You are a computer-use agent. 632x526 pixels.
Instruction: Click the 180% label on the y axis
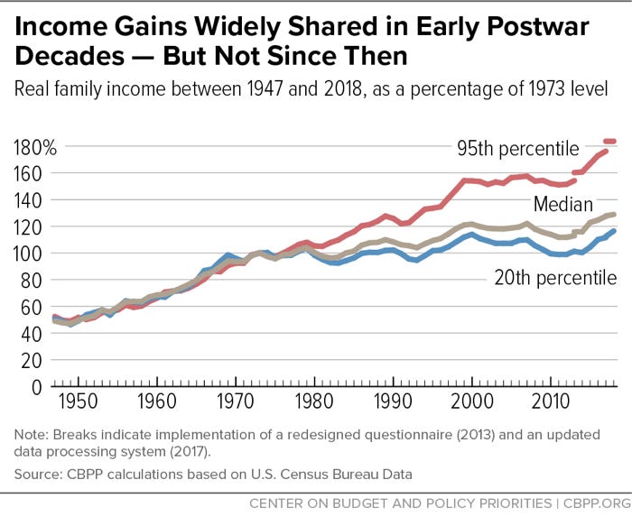35,146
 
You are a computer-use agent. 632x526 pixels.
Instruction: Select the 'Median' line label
562,203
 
